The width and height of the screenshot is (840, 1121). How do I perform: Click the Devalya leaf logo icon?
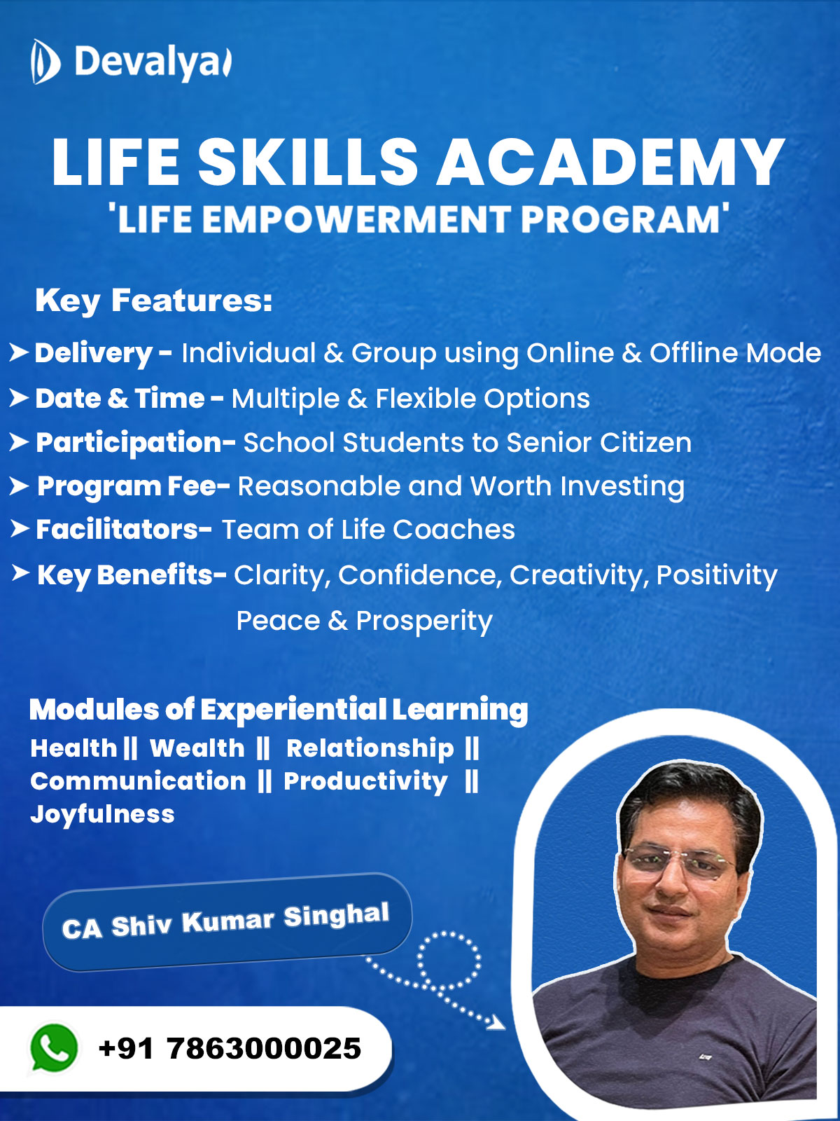pos(45,62)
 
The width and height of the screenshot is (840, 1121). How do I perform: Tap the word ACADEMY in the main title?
pos(610,163)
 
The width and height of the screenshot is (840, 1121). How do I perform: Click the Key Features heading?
pos(153,300)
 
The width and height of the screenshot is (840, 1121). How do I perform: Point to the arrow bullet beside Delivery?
pos(19,353)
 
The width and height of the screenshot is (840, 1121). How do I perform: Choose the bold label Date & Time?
pos(120,399)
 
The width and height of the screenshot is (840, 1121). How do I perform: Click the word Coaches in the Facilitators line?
pos(454,530)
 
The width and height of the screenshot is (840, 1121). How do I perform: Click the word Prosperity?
pos(423,621)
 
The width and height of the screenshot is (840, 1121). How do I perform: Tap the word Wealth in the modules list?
pos(197,748)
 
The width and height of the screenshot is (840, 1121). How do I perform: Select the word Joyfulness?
pos(102,815)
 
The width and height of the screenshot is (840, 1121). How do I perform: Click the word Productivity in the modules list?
pos(365,781)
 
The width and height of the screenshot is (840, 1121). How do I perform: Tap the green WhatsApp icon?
pos(54,1047)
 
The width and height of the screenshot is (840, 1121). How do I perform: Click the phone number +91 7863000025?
pos(230,1048)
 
